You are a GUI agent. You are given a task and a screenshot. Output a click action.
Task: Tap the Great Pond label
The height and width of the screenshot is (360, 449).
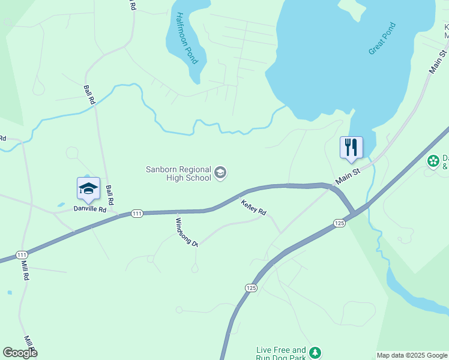pyautogui.click(x=382, y=39)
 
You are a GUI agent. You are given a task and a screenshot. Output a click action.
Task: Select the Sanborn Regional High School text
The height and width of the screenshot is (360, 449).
pyautogui.click(x=179, y=173)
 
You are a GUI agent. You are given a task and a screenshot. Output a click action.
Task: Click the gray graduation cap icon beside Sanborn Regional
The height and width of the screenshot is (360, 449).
pyautogui.click(x=220, y=173)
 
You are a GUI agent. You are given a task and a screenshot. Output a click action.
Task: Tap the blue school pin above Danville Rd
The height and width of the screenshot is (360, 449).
pyautogui.click(x=88, y=188)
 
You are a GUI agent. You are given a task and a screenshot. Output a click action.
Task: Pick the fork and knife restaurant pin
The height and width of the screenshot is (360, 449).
pyautogui.click(x=351, y=147)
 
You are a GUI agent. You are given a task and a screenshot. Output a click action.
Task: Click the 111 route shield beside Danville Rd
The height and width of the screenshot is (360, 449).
pyautogui.click(x=137, y=214)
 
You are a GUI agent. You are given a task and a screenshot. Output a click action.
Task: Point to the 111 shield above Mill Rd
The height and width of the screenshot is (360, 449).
pyautogui.click(x=22, y=254)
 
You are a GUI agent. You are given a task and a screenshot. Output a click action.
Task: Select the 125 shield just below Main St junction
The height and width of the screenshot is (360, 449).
pyautogui.click(x=339, y=223)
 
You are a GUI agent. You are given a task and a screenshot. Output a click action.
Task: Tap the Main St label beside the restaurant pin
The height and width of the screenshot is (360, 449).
pyautogui.click(x=347, y=176)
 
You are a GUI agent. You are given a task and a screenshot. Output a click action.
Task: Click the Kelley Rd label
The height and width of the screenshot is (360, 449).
pyautogui.click(x=253, y=207)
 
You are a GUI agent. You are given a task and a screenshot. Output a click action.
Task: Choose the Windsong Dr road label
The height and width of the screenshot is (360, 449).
pyautogui.click(x=186, y=232)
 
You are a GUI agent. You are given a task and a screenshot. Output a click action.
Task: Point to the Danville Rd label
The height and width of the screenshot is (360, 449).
pyautogui.click(x=89, y=209)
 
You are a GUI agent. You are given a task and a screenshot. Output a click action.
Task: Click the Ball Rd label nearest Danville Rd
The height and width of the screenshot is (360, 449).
pyautogui.click(x=110, y=194)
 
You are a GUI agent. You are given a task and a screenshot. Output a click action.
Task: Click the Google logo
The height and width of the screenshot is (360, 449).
pyautogui.click(x=20, y=353)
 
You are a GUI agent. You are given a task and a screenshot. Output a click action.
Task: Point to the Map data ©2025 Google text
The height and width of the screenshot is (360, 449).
pyautogui.click(x=412, y=355)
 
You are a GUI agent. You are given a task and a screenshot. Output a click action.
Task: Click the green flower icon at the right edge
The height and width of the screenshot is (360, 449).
pyautogui.click(x=433, y=161)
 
